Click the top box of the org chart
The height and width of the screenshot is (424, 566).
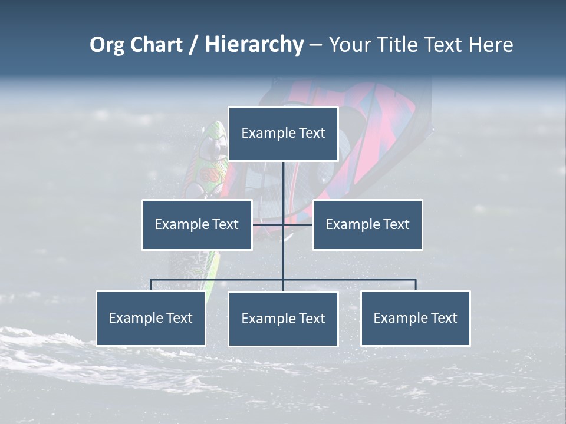click(x=283, y=134)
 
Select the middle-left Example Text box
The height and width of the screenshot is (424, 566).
click(x=197, y=224)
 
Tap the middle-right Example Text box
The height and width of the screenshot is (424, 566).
click(x=367, y=224)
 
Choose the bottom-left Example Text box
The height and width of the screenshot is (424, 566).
click(x=151, y=318)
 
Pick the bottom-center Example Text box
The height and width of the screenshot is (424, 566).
click(x=283, y=319)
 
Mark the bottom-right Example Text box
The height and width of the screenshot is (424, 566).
click(x=415, y=318)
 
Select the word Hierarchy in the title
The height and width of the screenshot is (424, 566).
click(x=254, y=45)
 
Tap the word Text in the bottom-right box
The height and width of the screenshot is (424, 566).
click(x=444, y=318)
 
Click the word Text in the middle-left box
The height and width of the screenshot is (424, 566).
click(x=225, y=224)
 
